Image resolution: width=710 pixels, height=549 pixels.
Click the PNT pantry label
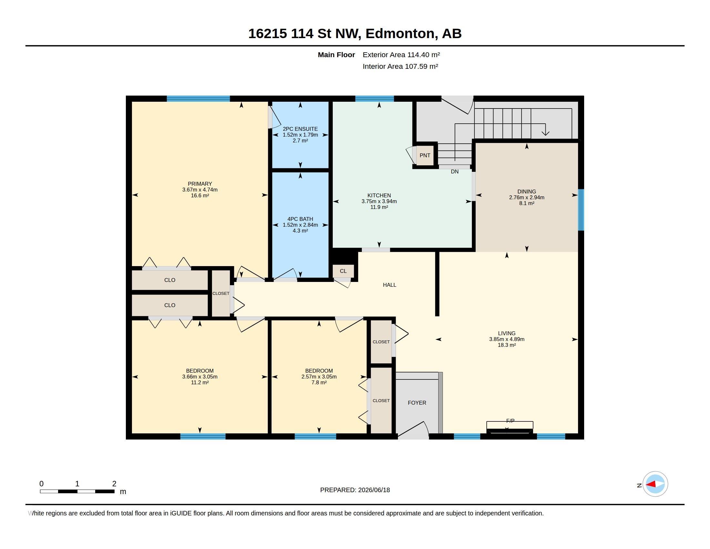(x=425, y=155)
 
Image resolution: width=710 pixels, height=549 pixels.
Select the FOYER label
(x=417, y=403)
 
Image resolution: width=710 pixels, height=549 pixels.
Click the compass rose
(x=655, y=484)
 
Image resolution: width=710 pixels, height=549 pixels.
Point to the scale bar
(x=77, y=491)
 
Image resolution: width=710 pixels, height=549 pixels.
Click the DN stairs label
(x=454, y=171)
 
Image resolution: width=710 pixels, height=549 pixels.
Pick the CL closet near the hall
(x=343, y=271)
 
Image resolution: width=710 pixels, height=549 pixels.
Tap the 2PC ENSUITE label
(x=300, y=129)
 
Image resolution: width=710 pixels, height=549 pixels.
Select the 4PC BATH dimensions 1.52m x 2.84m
(x=300, y=225)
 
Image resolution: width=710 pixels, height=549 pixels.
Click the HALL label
(x=390, y=285)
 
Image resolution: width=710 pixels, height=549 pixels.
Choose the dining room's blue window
(x=581, y=210)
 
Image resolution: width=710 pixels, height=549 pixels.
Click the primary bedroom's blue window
(x=198, y=98)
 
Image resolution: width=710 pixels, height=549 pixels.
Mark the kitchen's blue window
(x=374, y=98)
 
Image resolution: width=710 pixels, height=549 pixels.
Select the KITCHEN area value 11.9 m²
(x=379, y=207)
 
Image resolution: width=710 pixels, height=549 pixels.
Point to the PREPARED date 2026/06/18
(x=374, y=490)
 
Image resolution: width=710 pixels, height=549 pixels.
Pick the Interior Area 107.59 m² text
(x=400, y=66)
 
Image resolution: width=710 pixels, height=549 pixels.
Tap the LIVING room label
(x=506, y=333)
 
